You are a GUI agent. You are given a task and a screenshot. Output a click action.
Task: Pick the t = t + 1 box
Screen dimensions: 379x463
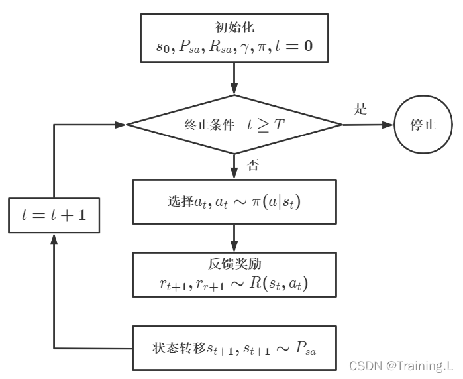click(x=54, y=215)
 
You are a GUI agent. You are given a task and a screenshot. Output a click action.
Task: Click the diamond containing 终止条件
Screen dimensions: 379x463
click(x=234, y=125)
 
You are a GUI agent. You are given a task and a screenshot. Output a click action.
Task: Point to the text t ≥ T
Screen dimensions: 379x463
click(x=266, y=125)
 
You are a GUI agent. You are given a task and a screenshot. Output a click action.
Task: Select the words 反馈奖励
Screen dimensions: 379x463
click(x=233, y=264)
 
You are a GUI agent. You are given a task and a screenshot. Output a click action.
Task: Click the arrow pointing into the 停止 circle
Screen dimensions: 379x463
click(x=368, y=125)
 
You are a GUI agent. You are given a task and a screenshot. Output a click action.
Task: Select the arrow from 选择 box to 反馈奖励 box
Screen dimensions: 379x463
click(x=234, y=237)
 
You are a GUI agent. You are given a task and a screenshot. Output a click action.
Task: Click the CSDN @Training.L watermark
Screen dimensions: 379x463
click(x=401, y=365)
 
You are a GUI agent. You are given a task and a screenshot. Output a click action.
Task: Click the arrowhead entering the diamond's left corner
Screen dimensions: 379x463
click(x=121, y=125)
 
